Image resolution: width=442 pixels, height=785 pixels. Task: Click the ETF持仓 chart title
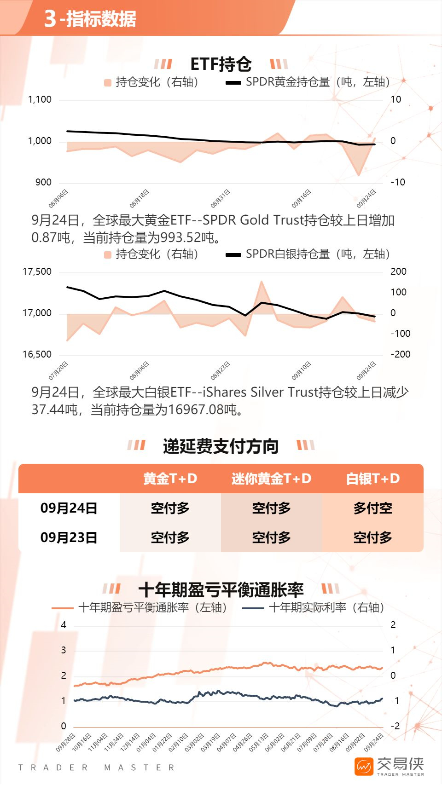pos(221,64)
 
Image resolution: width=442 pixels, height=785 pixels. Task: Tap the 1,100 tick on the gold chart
pos(40,99)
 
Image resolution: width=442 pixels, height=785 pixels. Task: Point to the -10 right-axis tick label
pos(398,182)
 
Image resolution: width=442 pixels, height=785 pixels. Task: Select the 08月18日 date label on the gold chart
pos(139,198)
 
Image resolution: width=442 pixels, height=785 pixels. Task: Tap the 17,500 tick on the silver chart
pos(37,271)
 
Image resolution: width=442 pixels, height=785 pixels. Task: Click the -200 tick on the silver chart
pos(400,354)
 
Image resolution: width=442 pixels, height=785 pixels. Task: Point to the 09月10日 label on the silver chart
pos(301,371)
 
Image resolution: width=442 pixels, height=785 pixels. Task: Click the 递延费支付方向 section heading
pos(221,446)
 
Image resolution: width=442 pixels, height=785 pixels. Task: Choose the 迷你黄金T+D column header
pos(271,479)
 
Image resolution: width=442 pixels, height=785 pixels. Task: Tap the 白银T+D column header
pos(372,479)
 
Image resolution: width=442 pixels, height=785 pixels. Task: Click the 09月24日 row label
pos(69,508)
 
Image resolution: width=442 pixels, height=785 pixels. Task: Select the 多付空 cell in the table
pos(372,508)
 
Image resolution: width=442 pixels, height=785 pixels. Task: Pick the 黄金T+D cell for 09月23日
pos(170,537)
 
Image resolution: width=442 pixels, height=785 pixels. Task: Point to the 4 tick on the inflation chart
pos(64,625)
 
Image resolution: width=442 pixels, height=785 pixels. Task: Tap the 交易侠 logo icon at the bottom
pos(364,767)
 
